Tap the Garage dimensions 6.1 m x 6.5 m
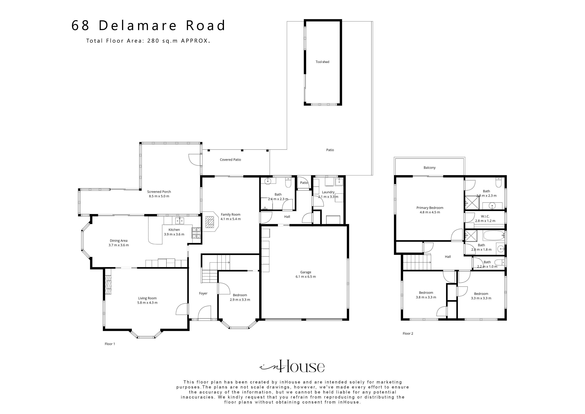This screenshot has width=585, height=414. [306, 276]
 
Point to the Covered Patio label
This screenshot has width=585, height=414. [230, 160]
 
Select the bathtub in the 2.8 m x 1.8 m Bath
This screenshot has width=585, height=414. [494, 235]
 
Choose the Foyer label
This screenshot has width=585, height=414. [203, 293]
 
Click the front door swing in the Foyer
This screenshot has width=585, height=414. [205, 313]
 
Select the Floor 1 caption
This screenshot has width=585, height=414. [110, 344]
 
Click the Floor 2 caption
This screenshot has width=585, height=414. [408, 333]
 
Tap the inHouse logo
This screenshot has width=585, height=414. [292, 367]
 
